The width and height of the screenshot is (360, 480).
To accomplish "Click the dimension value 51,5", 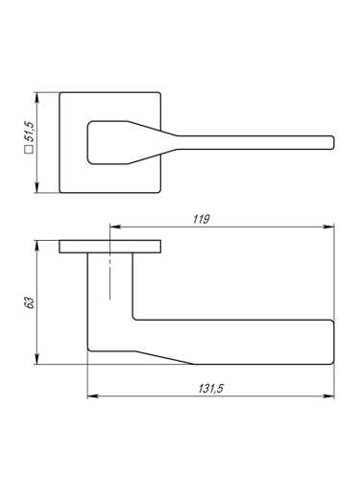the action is pos(32,132).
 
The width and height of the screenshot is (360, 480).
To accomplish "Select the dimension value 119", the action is pos(201,219).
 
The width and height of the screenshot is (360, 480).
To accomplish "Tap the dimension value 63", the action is pos(30,302).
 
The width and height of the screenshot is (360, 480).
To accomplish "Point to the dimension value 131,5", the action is pos(210,389).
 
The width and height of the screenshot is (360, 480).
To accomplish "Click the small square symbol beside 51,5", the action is pos(29,149).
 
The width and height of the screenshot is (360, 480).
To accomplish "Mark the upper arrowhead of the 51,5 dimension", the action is pos(37,98).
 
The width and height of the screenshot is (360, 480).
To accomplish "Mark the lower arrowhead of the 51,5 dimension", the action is pos(37,187).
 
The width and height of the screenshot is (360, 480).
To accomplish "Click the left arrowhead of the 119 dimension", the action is pos(115,227).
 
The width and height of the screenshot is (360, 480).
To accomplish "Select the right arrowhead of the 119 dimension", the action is pos(328,227).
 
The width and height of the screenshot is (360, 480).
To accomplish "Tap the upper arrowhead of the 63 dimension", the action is pos(37,246).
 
